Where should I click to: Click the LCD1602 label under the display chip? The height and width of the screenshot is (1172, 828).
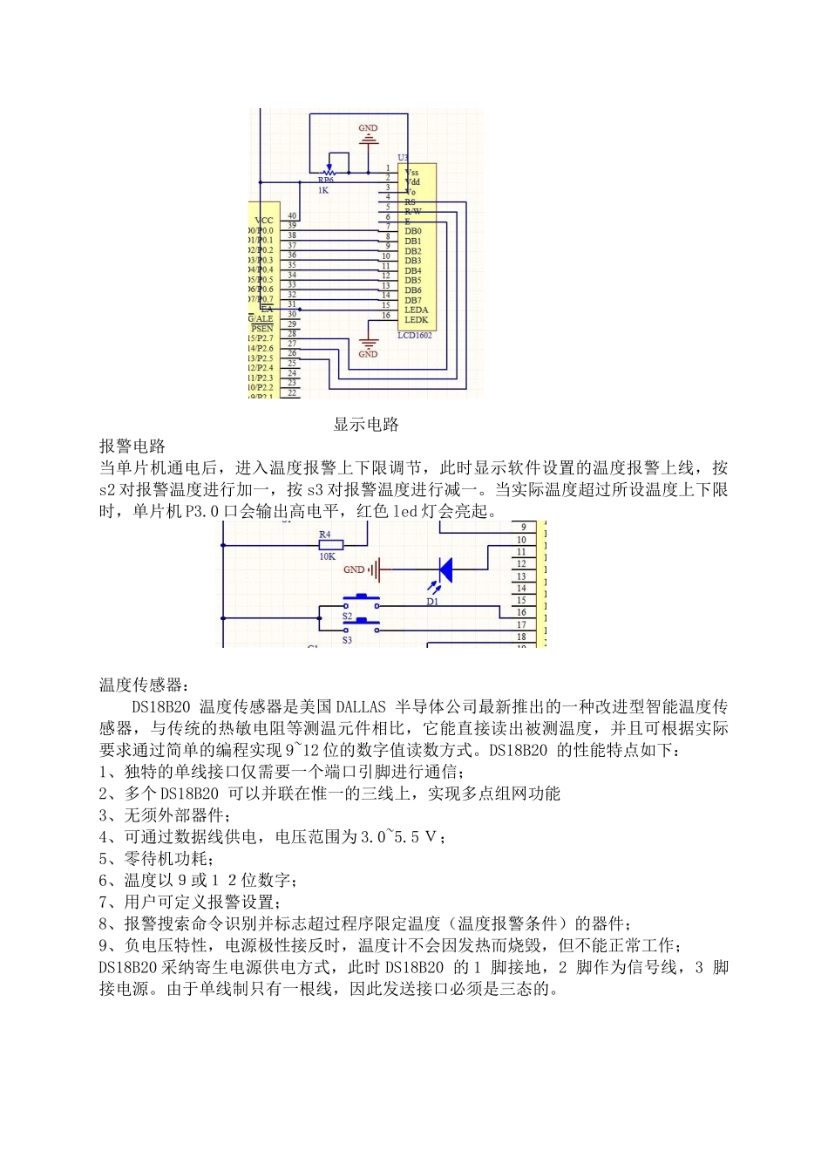(414, 335)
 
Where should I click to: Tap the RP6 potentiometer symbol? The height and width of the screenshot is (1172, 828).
(329, 171)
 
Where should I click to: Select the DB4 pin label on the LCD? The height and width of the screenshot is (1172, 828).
(412, 270)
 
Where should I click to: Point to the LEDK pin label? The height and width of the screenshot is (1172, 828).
(416, 320)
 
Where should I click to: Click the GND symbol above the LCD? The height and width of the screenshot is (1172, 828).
(369, 134)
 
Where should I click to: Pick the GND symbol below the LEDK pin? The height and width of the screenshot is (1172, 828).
(369, 347)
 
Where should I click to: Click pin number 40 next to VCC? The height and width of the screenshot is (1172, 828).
(292, 215)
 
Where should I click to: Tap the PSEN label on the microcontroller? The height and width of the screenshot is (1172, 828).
(261, 329)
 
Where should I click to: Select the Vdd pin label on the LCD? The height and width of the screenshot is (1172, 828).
(412, 181)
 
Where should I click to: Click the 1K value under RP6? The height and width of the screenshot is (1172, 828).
(323, 189)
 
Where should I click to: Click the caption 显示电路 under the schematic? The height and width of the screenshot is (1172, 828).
(366, 425)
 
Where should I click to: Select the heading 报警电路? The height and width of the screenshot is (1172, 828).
(132, 446)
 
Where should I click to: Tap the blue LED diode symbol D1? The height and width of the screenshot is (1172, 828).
(444, 570)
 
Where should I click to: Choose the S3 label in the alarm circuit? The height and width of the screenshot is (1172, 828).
(347, 640)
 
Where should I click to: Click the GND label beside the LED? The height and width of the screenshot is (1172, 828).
(354, 569)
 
